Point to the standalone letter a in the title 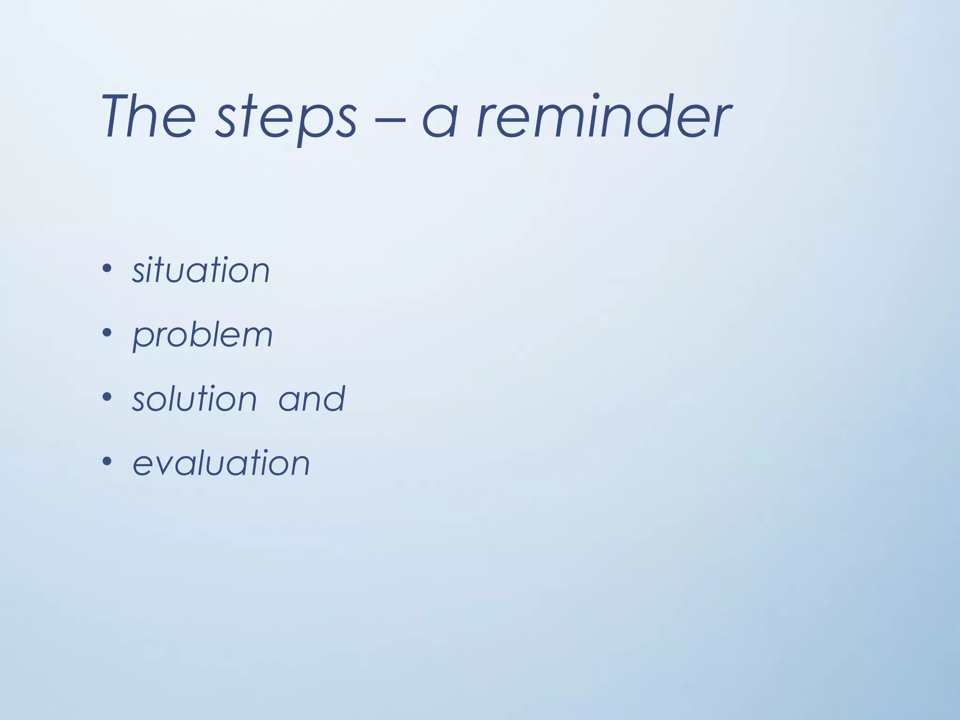click(440, 120)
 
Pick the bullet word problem click(202, 336)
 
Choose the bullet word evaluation click(221, 463)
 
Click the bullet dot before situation click(107, 269)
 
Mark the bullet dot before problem click(107, 333)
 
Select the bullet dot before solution click(107, 397)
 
